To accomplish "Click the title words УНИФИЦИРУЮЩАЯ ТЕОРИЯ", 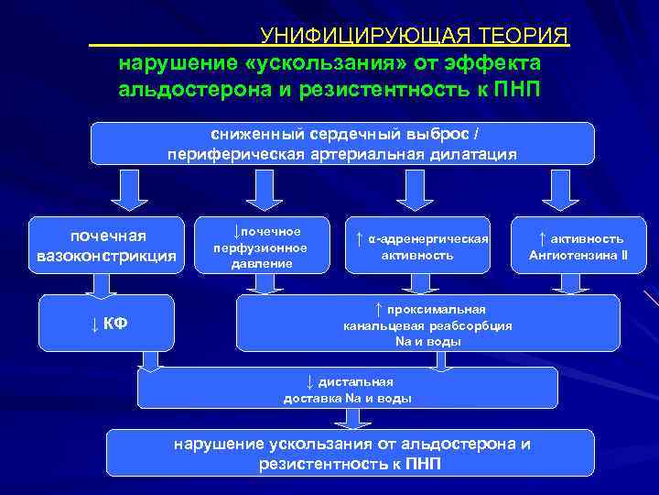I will click(x=414, y=36).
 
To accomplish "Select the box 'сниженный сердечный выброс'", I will click(x=341, y=143).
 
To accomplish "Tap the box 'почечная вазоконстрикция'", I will click(x=106, y=246).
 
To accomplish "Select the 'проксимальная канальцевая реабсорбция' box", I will click(x=427, y=323).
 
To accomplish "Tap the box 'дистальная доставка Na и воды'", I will click(x=347, y=389).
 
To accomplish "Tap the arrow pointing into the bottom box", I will click(x=345, y=419).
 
